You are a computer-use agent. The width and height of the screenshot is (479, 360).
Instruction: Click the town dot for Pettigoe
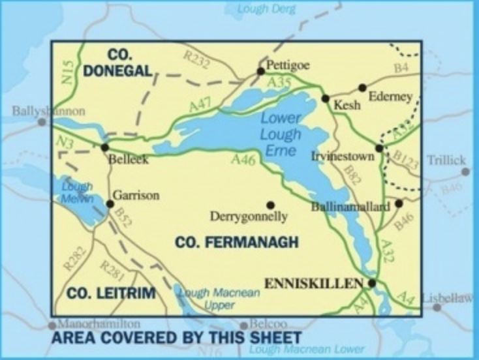(x=260, y=71)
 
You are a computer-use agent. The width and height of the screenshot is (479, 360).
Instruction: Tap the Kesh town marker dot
(x=325, y=98)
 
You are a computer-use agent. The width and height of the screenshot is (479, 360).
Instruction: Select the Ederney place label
(x=390, y=97)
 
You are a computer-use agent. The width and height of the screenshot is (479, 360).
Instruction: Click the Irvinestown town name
(x=343, y=157)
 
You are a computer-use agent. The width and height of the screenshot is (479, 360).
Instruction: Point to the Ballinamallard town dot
(x=399, y=203)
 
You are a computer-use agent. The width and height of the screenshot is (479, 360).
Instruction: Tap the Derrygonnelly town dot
(x=271, y=205)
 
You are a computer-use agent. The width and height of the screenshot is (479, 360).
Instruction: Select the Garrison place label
(x=136, y=194)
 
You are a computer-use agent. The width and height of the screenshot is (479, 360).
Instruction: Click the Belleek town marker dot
(x=105, y=147)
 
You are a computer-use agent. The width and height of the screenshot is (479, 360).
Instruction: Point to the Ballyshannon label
(x=48, y=111)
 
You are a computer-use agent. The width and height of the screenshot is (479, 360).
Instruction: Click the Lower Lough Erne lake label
(x=281, y=134)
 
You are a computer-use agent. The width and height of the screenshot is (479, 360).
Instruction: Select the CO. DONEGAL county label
(x=117, y=63)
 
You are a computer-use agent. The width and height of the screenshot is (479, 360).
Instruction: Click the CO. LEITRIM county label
(x=111, y=293)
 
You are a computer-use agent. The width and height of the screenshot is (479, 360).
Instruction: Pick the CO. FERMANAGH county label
(x=236, y=243)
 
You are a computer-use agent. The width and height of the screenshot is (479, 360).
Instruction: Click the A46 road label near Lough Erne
(x=242, y=159)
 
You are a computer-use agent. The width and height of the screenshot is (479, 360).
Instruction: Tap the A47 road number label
(x=200, y=103)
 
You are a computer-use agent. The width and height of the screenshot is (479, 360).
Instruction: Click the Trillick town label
(x=446, y=160)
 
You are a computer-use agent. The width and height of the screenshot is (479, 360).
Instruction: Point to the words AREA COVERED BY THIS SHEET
(x=176, y=337)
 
